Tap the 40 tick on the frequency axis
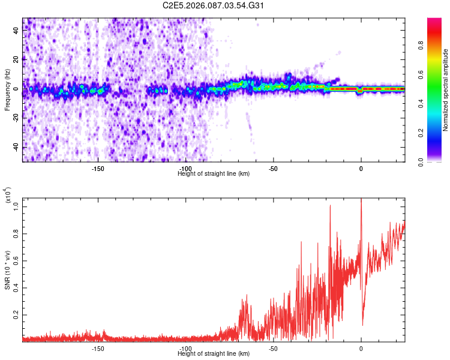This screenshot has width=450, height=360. (16, 30)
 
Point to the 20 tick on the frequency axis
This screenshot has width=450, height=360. (16, 59)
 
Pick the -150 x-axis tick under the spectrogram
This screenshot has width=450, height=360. (98, 169)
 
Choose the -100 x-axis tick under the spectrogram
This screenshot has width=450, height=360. (185, 169)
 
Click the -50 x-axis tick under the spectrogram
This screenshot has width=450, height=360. (273, 169)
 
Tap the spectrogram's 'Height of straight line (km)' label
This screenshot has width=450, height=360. (214, 173)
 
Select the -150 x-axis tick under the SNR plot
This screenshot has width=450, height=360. (98, 349)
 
